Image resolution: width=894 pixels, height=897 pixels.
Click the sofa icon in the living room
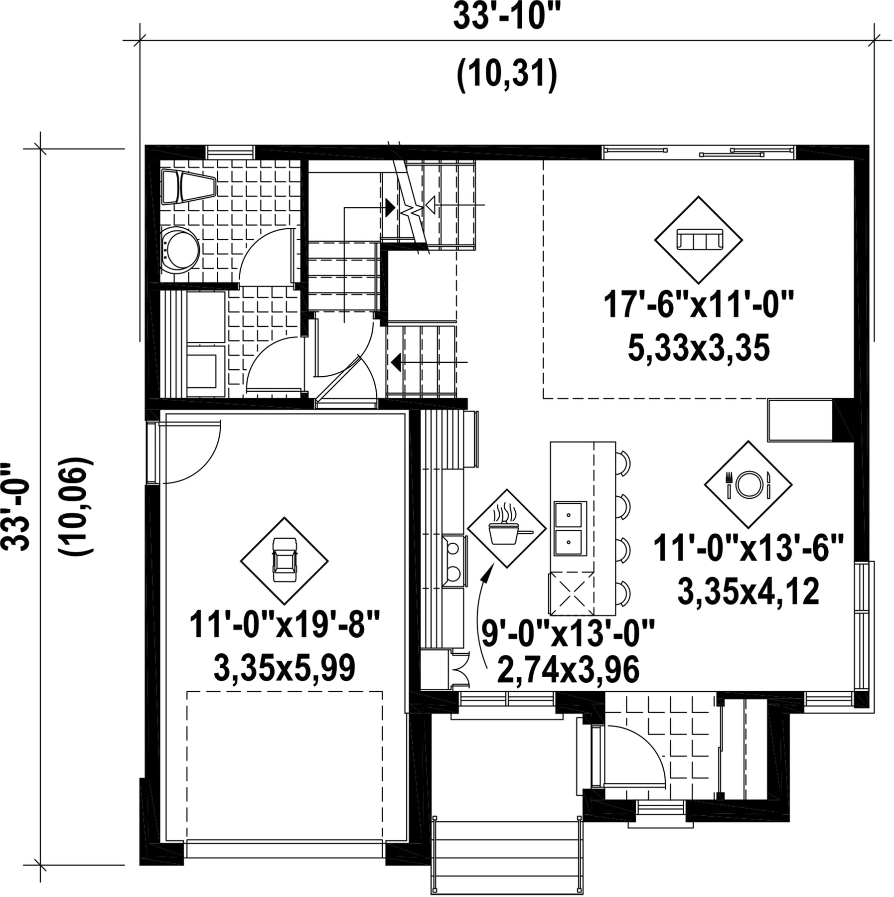(x=698, y=240)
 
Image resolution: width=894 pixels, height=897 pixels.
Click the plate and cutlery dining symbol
(x=748, y=484)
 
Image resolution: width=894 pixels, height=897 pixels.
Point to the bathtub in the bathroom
(x=189, y=187)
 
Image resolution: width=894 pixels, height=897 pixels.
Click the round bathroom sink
(x=181, y=249)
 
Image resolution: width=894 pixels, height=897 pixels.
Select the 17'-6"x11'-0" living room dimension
(x=698, y=305)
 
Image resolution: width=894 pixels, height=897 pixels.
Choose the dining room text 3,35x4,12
(x=748, y=592)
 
